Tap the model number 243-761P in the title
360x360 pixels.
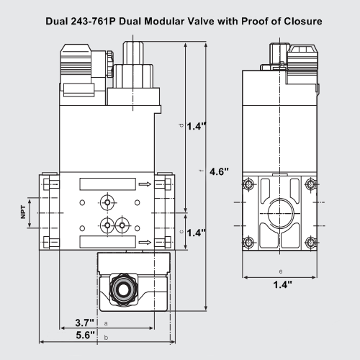pyautogui.click(x=94, y=21)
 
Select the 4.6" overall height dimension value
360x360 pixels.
pyautogui.click(x=218, y=172)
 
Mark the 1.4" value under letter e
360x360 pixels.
pyautogui.click(x=282, y=286)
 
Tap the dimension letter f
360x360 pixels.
pyautogui.click(x=209, y=171)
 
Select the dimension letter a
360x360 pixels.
pyautogui.click(x=106, y=323)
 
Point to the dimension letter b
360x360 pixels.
pyautogui.click(x=106, y=337)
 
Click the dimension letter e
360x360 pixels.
pyautogui.click(x=280, y=271)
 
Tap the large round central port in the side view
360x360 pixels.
pyautogui.click(x=279, y=213)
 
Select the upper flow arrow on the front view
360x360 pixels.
pyautogui.click(x=145, y=184)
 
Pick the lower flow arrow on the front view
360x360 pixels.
pyautogui.click(x=145, y=240)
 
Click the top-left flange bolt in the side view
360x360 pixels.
pyautogui.click(x=248, y=185)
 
